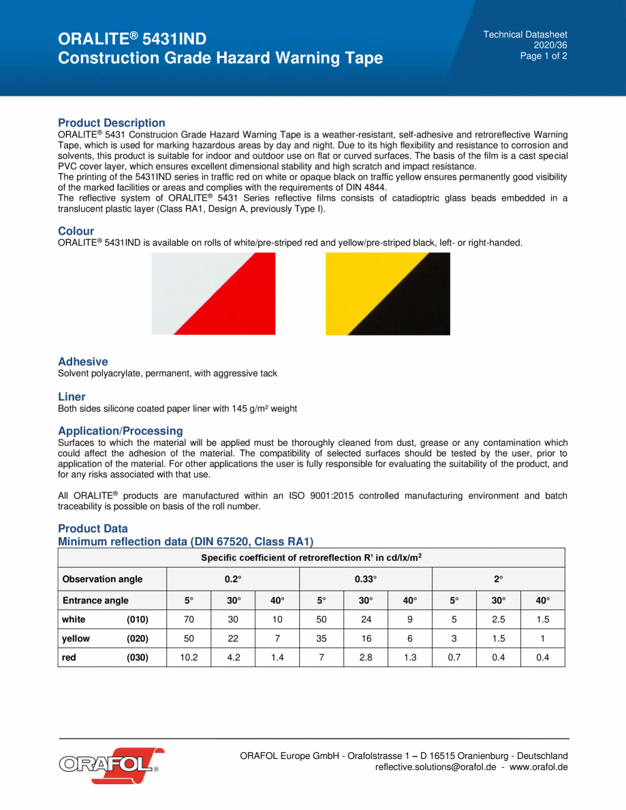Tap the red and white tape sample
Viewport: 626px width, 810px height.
pos(213,293)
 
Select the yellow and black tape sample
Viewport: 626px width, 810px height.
pos(388,293)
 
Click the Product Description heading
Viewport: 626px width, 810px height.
pos(111,123)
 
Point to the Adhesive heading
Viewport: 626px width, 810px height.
pos(82,362)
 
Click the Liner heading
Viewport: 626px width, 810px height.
pos(72,397)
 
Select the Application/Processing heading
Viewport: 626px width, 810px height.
pos(120,431)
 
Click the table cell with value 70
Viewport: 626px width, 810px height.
pos(189,620)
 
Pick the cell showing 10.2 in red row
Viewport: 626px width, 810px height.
pos(189,658)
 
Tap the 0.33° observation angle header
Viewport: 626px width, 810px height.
pos(365,579)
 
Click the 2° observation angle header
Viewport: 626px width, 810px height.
pos(498,579)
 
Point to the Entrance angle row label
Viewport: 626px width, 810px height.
pos(95,601)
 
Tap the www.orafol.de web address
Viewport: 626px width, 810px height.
pos(538,767)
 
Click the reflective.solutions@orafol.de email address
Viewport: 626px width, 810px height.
pos(435,767)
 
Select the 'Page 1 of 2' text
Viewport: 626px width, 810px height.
pos(543,56)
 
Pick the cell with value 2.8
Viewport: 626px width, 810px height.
pos(365,658)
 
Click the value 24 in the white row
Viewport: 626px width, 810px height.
pos(365,620)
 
